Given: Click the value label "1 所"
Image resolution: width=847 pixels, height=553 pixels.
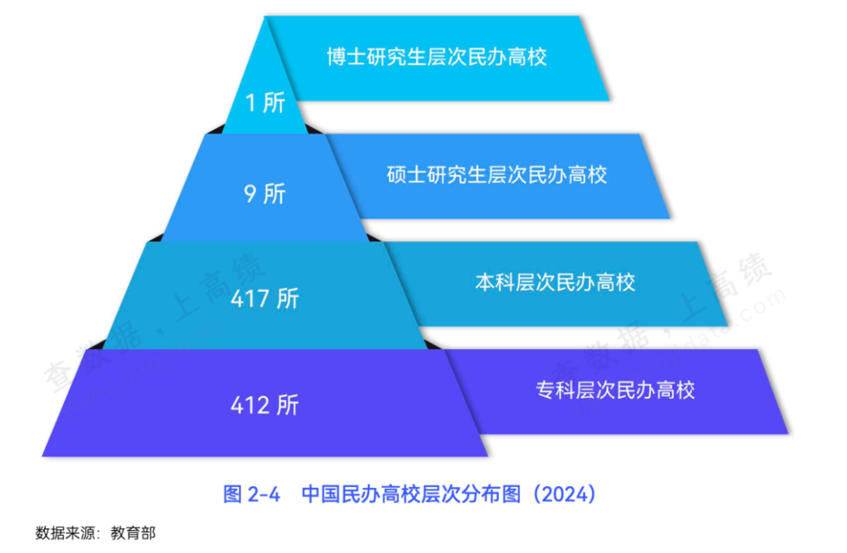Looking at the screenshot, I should tap(264, 103).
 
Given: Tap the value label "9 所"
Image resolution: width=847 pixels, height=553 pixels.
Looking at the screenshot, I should tap(264, 194).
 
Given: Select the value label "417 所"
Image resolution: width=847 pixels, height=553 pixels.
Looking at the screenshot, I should tap(264, 299).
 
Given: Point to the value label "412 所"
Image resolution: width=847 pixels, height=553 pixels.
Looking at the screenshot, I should tap(264, 405).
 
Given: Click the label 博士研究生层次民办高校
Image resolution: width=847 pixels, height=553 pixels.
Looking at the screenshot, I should tap(436, 58).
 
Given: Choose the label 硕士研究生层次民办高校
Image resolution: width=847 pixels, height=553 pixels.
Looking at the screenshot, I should tap(497, 175).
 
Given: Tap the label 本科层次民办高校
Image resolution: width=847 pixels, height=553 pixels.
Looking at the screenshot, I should tap(555, 282).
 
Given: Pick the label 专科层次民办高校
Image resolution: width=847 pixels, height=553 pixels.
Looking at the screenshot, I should tap(615, 390).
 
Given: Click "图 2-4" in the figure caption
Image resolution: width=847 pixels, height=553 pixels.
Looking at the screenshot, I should tap(252, 495).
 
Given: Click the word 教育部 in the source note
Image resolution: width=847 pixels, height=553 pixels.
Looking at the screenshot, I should tap(134, 534).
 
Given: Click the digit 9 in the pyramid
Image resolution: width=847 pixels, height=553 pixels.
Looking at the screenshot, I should tap(250, 194).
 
